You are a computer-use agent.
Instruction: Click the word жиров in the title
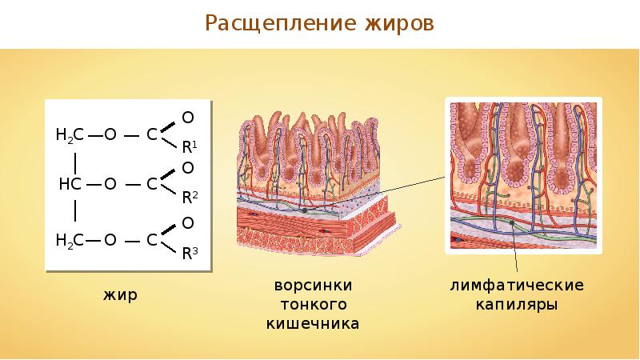[398, 24]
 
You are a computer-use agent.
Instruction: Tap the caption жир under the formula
[120, 295]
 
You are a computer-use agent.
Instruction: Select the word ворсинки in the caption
[312, 286]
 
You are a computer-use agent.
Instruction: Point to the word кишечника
[312, 324]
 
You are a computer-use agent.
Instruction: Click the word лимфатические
[517, 286]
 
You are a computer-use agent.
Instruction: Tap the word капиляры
[516, 305]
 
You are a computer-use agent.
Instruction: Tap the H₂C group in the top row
[70, 134]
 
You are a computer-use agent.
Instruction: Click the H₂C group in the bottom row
[70, 239]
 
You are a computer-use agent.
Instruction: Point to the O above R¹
[187, 117]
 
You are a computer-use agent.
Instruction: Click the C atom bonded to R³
[151, 239]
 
